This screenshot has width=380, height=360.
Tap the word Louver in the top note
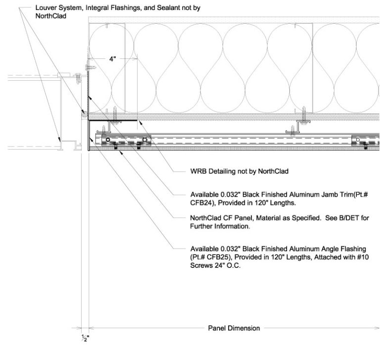tap(47, 8)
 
